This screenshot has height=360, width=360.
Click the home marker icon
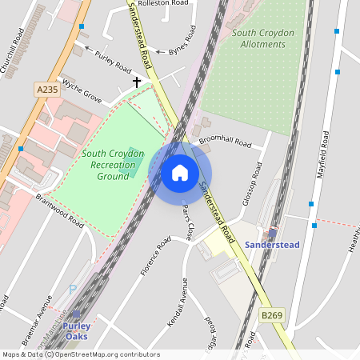[179, 173]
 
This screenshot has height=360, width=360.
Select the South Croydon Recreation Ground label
[112, 164]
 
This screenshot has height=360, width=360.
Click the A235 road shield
[47, 90]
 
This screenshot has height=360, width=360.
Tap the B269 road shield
[272, 316]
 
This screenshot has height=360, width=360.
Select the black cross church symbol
[137, 82]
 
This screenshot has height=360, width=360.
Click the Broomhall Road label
[225, 142]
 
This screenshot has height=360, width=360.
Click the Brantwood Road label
[59, 212]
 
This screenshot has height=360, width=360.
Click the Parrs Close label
[186, 222]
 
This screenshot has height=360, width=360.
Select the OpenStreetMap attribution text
[80, 354]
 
